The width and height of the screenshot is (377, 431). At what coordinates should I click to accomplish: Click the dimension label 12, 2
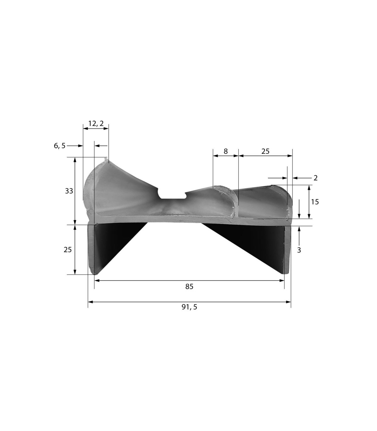point(96,123)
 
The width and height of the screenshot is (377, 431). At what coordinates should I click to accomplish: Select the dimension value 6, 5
point(60,145)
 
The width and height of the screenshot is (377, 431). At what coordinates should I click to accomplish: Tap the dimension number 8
point(226,151)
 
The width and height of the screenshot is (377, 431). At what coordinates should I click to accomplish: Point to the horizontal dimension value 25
point(265,151)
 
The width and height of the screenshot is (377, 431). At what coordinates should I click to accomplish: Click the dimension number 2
point(315,178)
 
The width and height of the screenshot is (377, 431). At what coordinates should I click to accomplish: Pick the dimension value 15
point(315,202)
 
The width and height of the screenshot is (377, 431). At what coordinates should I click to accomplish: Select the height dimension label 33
point(69,191)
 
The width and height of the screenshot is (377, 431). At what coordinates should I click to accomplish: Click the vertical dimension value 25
point(68,250)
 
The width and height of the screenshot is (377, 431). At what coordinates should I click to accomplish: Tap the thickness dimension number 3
point(299,250)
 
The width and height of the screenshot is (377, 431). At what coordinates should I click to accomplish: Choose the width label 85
point(189,286)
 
